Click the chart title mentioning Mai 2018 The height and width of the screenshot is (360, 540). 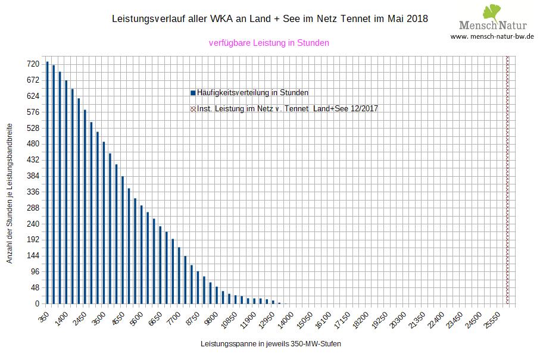pos(270,19)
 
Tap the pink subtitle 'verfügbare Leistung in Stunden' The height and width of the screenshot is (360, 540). pos(269,43)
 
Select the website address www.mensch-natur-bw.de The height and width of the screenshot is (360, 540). pos(492,36)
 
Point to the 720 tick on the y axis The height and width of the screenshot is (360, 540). pos(33,64)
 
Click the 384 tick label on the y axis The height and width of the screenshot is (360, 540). pos(33,176)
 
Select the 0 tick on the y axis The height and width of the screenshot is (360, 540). pos(37,304)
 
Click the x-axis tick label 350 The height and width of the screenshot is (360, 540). pos(43,315)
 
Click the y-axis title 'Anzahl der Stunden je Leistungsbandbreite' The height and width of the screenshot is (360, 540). pos(10,193)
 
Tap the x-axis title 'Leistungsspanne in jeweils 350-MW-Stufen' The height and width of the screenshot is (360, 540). pos(271,344)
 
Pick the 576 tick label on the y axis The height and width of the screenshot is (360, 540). pos(33,112)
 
